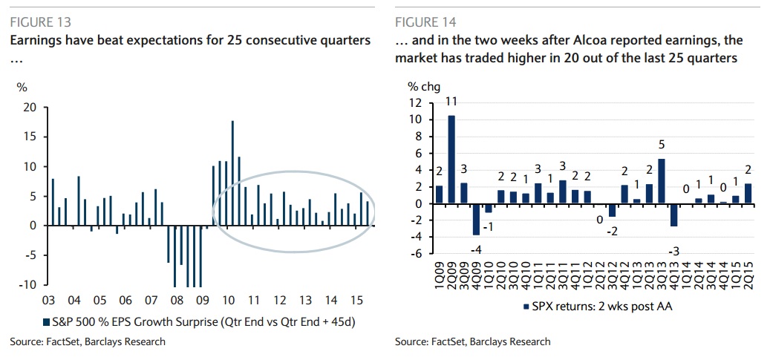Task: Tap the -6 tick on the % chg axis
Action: tap(415, 254)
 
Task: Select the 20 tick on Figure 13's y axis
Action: tap(30, 107)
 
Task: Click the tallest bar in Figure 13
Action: tap(233, 173)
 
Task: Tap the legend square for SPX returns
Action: tap(526, 306)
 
